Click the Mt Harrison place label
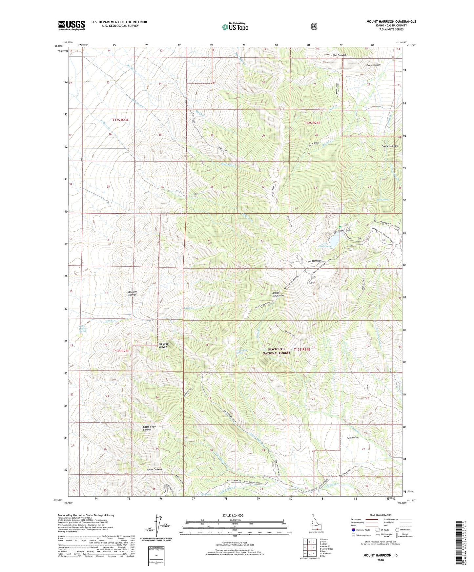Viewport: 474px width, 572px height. pos(315,261)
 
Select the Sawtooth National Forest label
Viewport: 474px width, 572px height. pos(276,351)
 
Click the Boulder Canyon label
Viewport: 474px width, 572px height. pos(130,293)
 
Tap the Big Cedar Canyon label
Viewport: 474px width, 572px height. pos(163,345)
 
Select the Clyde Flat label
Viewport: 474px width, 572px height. pos(353,438)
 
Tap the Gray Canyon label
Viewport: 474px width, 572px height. pos(373,65)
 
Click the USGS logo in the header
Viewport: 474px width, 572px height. pos(72,25)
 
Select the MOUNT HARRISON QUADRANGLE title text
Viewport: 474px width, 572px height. pos(391,22)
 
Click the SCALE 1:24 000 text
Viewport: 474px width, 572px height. pos(233,515)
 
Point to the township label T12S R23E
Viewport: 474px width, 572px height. pos(120,120)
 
